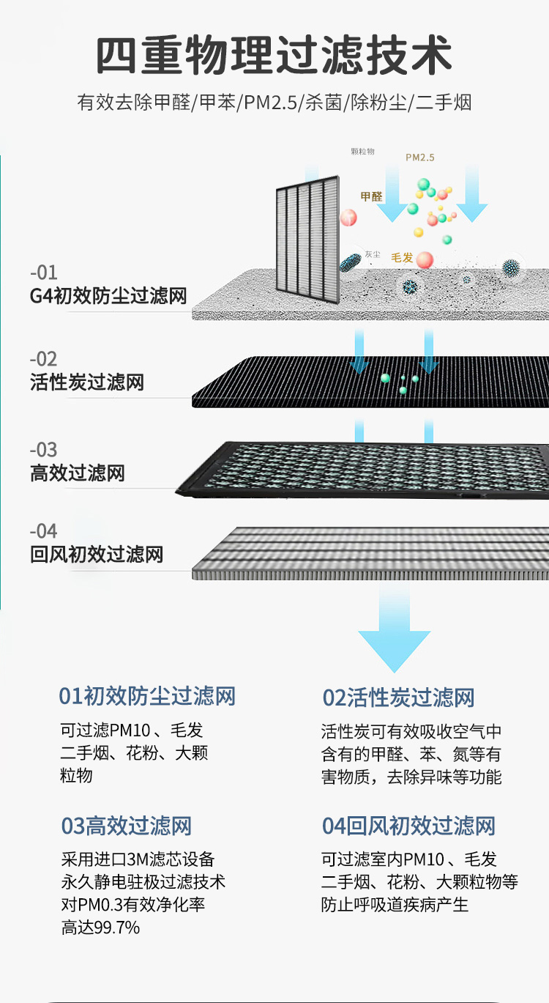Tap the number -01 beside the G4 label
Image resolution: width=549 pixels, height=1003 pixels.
(x=43, y=273)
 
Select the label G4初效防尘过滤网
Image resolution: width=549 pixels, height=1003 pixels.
(x=108, y=297)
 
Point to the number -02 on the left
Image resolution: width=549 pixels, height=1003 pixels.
(x=43, y=359)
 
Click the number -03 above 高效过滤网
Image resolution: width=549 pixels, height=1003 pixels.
(x=43, y=450)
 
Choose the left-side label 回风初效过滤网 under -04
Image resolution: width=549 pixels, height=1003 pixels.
(x=97, y=555)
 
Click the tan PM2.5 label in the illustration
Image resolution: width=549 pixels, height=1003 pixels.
(x=420, y=158)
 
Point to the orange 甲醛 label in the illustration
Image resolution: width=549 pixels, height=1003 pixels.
(x=372, y=196)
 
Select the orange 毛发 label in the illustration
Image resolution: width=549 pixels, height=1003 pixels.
(x=403, y=258)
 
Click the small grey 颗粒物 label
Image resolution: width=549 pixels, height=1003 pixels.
(x=362, y=152)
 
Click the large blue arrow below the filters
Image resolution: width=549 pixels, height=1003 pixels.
(x=394, y=630)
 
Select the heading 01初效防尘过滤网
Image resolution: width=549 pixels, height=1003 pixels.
(x=147, y=696)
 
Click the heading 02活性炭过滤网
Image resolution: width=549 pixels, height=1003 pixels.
(x=399, y=698)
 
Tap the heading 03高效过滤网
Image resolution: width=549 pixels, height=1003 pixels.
(x=126, y=826)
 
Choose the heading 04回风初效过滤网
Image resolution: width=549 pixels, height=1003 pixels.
(x=409, y=826)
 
